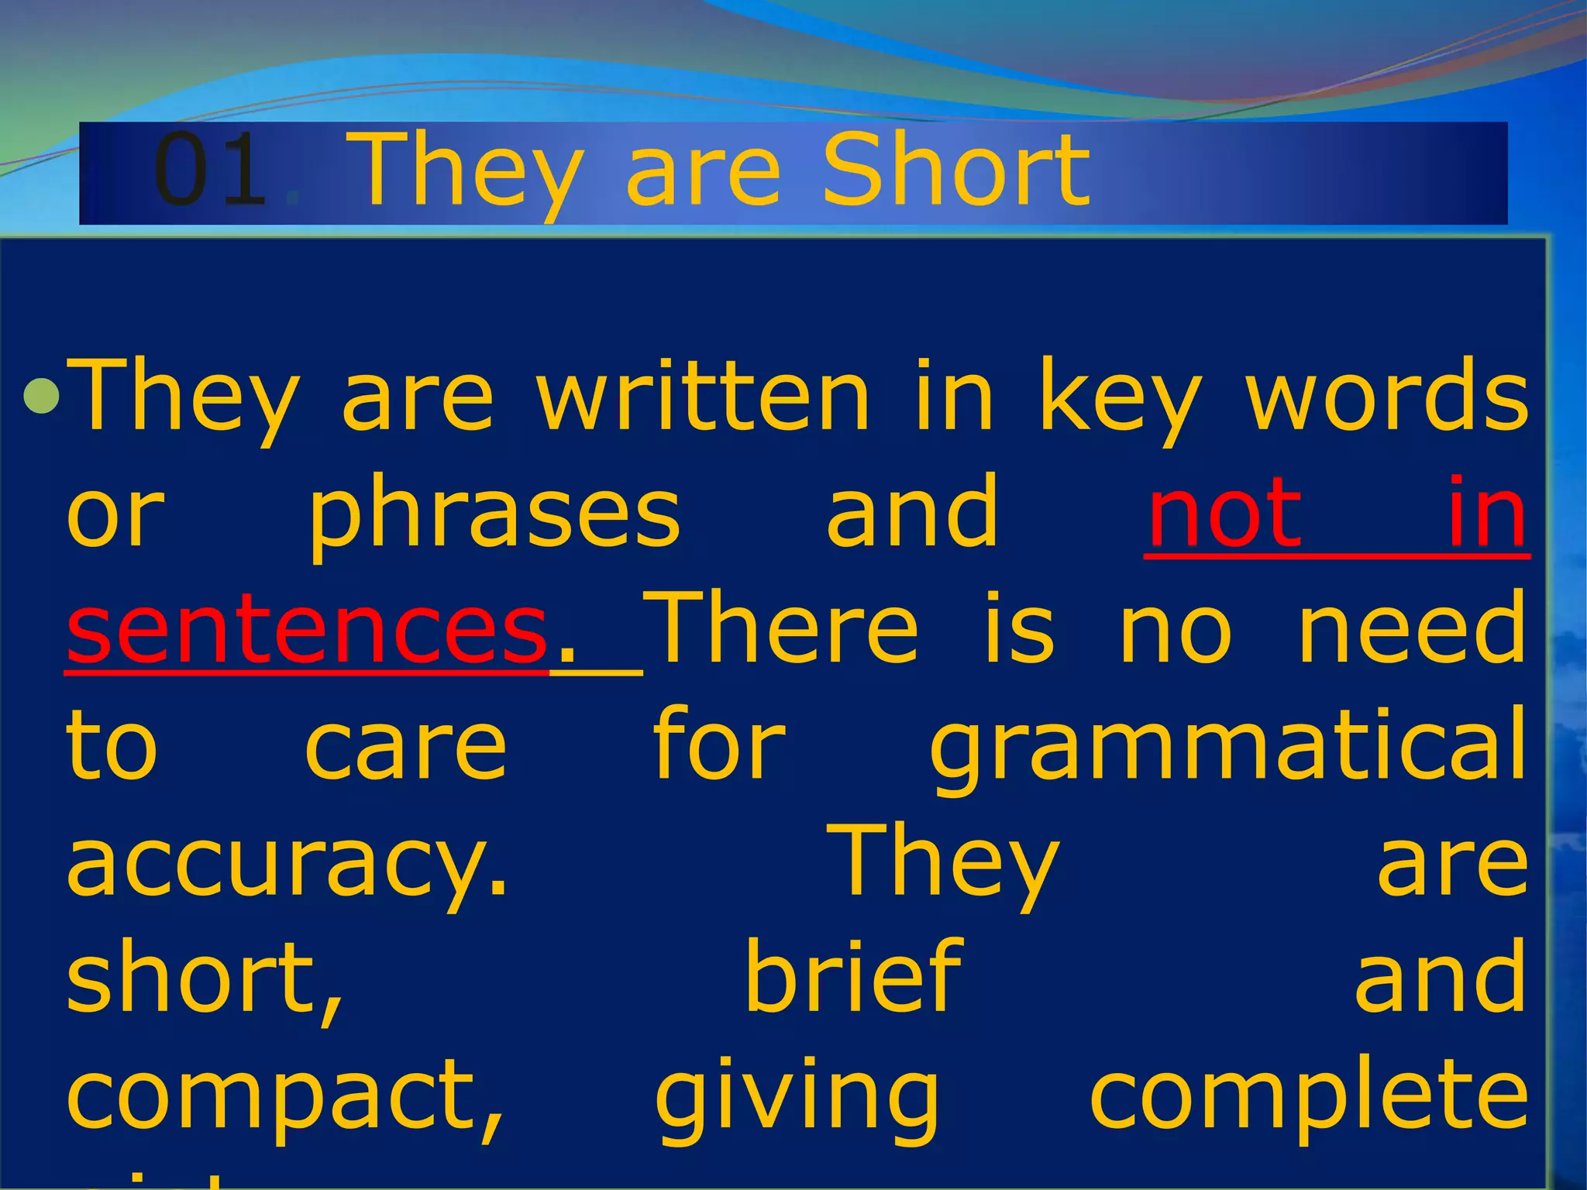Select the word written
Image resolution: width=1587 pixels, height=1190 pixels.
point(704,396)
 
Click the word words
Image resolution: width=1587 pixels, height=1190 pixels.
point(1387,396)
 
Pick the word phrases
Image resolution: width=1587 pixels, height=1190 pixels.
point(494,514)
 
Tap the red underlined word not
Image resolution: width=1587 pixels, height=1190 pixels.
point(1224,512)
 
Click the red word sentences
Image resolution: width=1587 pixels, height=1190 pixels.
point(307,628)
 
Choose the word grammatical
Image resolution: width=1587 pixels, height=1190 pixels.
point(1228,745)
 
